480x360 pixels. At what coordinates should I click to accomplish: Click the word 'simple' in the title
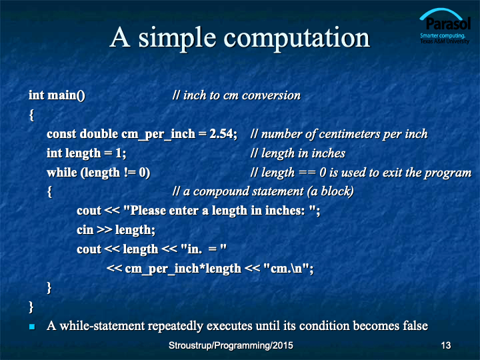click(177, 39)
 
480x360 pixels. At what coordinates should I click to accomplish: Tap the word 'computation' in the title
click(297, 39)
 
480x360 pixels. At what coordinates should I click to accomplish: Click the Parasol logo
click(445, 26)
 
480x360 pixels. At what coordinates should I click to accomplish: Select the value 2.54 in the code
click(223, 134)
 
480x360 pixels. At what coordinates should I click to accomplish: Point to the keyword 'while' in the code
click(62, 173)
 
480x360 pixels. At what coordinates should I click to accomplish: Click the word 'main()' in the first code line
click(66, 95)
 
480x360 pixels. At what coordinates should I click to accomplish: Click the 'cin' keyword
click(85, 229)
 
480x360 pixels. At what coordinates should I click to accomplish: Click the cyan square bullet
click(32, 327)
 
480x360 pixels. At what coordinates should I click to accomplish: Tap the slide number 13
click(446, 345)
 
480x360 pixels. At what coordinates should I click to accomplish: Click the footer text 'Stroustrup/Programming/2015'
click(231, 345)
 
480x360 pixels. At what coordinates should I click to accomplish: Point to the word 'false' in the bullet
click(415, 326)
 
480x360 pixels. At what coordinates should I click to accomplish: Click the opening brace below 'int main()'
click(31, 115)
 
